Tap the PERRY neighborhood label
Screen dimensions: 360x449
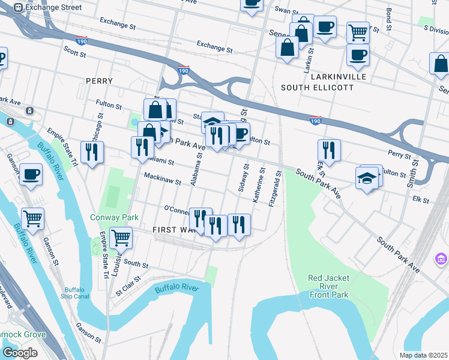click(x=100, y=80)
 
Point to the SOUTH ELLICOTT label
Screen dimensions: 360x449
click(x=317, y=88)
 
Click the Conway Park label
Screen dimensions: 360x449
click(x=115, y=217)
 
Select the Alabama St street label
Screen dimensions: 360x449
click(x=196, y=169)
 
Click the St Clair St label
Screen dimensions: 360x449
click(x=128, y=283)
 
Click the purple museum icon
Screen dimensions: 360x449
click(x=441, y=259)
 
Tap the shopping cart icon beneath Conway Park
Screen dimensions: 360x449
click(x=121, y=238)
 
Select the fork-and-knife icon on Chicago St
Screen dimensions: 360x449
click(x=92, y=153)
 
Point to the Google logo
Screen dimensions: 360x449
click(x=19, y=353)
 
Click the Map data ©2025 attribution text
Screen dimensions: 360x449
click(x=423, y=355)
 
